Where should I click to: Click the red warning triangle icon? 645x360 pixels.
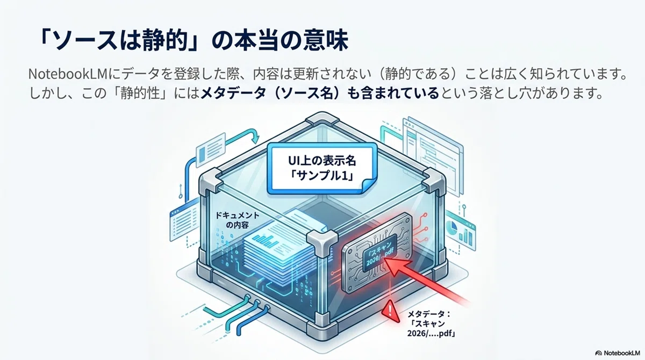(x=390, y=311)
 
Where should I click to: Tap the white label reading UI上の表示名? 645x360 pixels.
(x=322, y=169)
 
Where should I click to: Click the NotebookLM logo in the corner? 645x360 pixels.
(x=618, y=353)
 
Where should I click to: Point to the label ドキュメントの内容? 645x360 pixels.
(x=237, y=220)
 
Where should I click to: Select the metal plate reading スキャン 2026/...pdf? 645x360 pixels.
(x=376, y=253)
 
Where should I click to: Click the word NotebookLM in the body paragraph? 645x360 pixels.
(x=68, y=74)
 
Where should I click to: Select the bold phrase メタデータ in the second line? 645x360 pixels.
(x=233, y=93)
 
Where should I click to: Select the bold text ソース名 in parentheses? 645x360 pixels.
(x=313, y=93)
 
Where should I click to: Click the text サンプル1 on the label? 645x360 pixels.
(x=322, y=176)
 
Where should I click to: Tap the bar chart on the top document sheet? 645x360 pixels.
(x=263, y=239)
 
